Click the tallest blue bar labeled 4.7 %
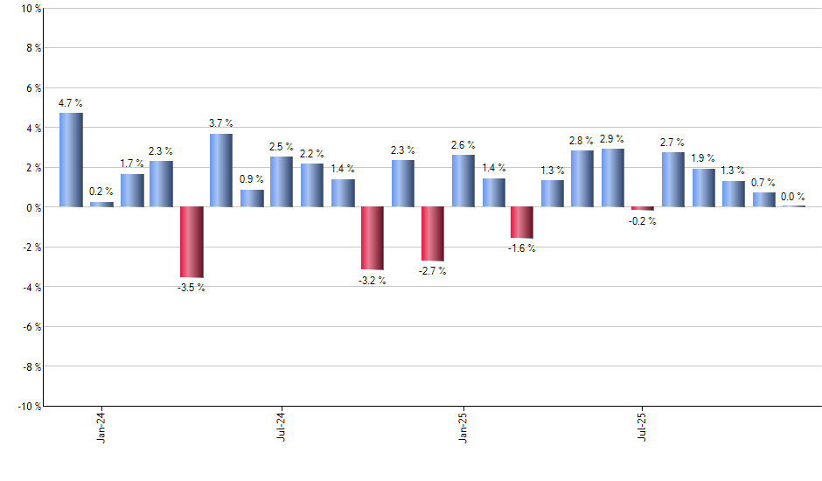71,160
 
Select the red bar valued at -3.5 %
192,241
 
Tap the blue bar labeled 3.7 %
221,171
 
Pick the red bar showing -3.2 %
373,238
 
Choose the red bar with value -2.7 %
433,234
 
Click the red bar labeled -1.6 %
522,222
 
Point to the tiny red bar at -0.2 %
643,208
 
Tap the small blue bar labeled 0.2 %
101,205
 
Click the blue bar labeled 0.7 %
763,199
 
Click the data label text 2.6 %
463,145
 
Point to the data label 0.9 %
252,179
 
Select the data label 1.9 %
703,158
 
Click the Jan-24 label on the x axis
101,427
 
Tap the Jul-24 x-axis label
282,427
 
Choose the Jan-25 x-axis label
463,427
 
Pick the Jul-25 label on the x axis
643,427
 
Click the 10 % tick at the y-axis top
31,9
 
